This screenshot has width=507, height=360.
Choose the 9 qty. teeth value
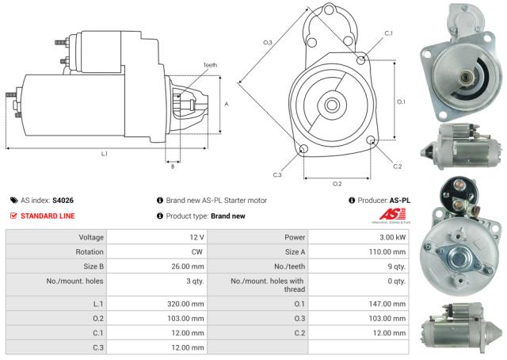point(393,266)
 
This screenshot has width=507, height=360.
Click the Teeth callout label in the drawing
point(209,64)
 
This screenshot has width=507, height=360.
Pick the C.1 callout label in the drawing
point(387,33)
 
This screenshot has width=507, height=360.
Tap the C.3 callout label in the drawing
point(277,174)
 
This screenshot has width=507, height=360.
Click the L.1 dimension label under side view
point(104,152)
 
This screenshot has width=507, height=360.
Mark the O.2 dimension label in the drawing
point(336,183)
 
